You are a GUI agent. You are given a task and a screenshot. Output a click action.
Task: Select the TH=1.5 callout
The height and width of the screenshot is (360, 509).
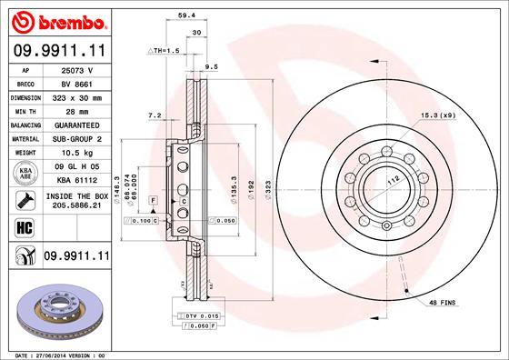coord(165,51)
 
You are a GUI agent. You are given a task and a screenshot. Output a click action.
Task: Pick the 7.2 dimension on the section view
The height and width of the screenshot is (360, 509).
coord(154,115)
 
